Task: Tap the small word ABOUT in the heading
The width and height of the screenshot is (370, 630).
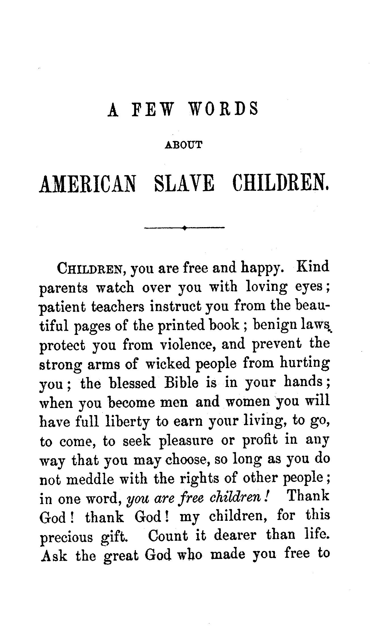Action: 184,145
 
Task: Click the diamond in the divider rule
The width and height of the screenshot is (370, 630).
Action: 185,227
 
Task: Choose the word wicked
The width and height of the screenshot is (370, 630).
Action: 167,364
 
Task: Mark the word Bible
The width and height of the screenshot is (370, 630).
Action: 182,383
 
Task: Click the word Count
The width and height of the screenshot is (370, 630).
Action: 168,536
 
